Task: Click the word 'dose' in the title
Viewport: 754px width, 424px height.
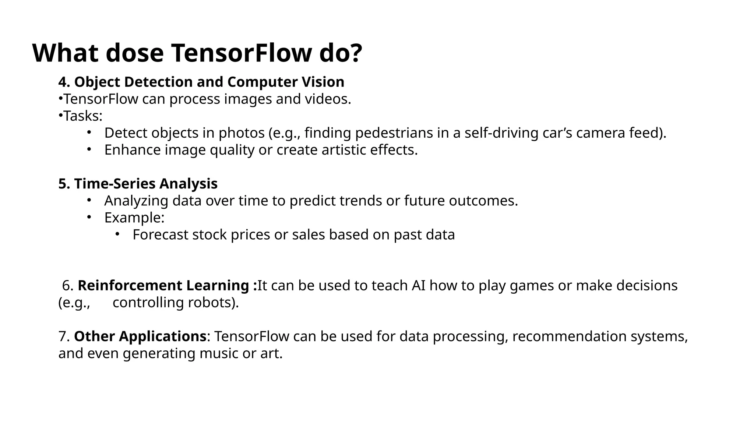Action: [x=134, y=53]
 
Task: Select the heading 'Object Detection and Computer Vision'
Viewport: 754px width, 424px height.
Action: [x=209, y=82]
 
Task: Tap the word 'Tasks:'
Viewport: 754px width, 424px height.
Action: [x=83, y=116]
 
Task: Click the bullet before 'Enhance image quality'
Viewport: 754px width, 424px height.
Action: [x=89, y=149]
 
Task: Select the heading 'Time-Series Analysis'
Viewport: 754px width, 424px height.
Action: [x=146, y=184]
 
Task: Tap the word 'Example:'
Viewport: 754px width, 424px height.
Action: [x=134, y=218]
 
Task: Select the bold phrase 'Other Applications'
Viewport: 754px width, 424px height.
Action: [x=140, y=336]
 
